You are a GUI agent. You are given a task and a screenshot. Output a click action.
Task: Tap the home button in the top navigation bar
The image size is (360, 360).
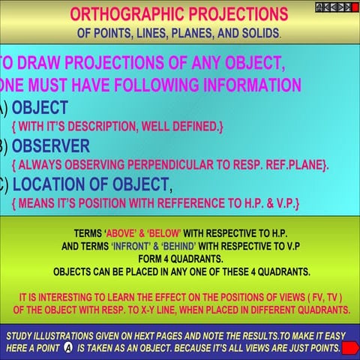pos(319,7)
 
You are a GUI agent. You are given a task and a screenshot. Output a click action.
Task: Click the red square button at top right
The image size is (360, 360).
pos(353,7)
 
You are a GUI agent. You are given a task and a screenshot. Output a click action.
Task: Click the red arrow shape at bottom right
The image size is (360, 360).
pos(349,346)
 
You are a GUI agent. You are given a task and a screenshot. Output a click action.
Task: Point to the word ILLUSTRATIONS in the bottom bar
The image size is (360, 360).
pos(71,336)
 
